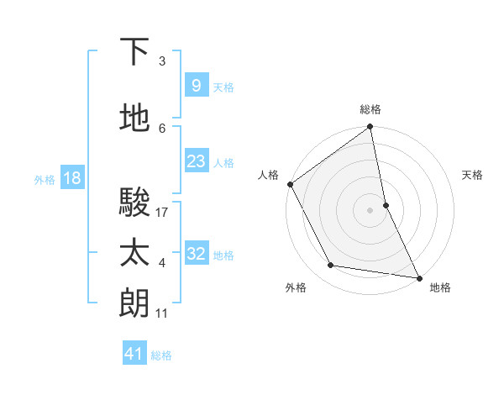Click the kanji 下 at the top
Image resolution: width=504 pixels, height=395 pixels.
point(135,52)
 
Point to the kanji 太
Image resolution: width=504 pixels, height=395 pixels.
point(135,253)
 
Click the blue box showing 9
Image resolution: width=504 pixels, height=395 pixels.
point(196,86)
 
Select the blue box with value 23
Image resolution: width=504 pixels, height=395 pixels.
point(196,161)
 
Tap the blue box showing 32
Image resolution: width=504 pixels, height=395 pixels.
point(196,254)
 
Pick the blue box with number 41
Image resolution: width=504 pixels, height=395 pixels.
point(134,354)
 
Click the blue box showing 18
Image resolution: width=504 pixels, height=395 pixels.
point(71,178)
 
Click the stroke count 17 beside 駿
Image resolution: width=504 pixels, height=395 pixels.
point(162,213)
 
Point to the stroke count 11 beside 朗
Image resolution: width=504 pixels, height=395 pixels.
point(162,313)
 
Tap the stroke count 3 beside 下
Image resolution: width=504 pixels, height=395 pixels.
point(162,61)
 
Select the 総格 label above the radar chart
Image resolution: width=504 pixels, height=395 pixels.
point(370,109)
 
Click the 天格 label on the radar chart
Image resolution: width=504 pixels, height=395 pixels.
point(473,175)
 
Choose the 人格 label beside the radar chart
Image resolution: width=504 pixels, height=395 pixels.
point(269,175)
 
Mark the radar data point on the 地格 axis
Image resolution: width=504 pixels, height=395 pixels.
point(418,276)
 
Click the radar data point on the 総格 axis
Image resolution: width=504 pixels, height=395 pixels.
point(370,128)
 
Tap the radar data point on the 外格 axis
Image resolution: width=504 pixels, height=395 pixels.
point(331,266)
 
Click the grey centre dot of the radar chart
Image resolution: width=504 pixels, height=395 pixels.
point(370,209)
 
